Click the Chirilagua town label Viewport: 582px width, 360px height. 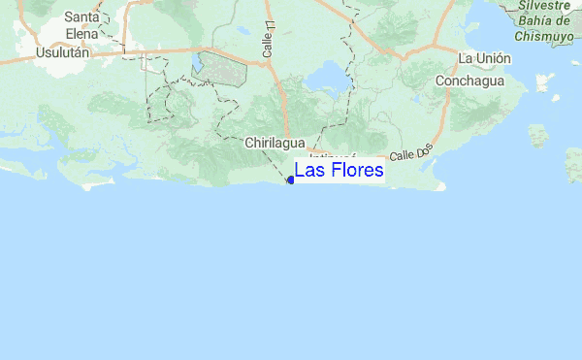click(x=275, y=143)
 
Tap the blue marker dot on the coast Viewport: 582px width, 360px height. click(x=291, y=180)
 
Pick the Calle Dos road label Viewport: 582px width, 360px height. click(x=408, y=153)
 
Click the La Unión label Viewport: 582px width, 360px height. click(x=484, y=58)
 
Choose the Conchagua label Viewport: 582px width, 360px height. click(x=469, y=82)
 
